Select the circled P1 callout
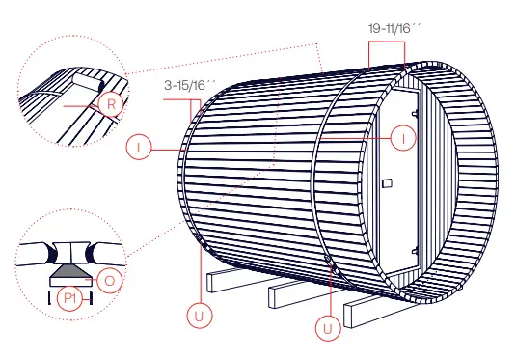(x=69, y=298)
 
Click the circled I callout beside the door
(x=405, y=139)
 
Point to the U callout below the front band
(x=329, y=328)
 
